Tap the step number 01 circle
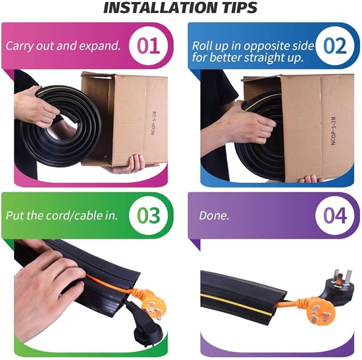[148, 45]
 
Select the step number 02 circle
[334, 45]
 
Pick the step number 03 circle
[148, 215]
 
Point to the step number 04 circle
[334, 215]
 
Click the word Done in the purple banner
[213, 215]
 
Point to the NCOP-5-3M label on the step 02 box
[333, 130]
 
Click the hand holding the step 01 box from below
[129, 164]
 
